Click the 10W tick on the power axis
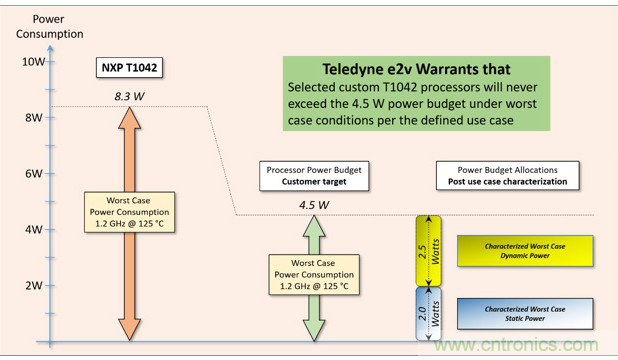point(33,62)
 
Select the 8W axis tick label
point(33,117)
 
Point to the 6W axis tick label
point(33,173)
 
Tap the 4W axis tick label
point(33,229)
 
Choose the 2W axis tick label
point(33,284)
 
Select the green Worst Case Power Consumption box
point(313,272)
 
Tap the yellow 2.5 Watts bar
point(427,250)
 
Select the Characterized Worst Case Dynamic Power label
point(525,251)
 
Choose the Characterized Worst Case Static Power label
point(525,315)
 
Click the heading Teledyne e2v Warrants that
point(415,70)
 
